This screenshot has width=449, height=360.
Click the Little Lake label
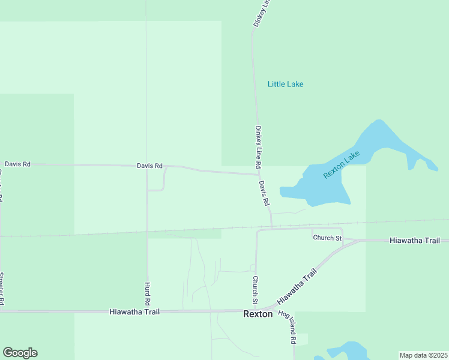[x=285, y=84]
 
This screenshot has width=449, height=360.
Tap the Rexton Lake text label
[x=341, y=164]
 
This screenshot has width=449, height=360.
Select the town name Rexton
[x=258, y=314]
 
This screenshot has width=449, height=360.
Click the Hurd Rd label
[x=147, y=293]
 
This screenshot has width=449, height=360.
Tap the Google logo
[x=20, y=353]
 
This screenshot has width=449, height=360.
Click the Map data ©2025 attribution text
[x=423, y=355]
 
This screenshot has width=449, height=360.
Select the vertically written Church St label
[x=255, y=289]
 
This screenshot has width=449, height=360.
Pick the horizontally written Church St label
[x=327, y=238]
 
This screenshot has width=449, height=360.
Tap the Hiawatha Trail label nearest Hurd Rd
[x=134, y=312]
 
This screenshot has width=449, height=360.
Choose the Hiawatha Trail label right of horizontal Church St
[x=415, y=240]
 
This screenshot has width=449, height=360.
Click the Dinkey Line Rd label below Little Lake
[x=258, y=146]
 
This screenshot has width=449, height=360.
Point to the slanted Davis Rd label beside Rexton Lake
[x=264, y=193]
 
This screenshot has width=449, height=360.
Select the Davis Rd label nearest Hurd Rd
[x=149, y=166]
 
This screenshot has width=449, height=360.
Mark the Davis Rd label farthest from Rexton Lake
[x=17, y=164]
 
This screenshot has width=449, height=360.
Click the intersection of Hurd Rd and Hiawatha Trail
[x=147, y=311]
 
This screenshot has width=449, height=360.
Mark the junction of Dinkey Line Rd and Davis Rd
[x=258, y=175]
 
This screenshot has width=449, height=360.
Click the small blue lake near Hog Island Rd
[x=346, y=351]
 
